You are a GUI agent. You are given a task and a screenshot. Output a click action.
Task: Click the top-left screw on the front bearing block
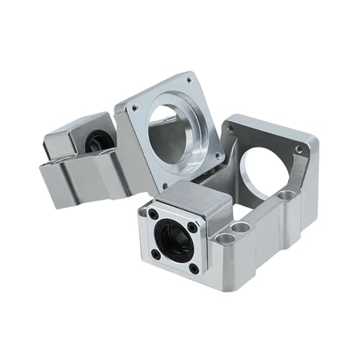[153, 213]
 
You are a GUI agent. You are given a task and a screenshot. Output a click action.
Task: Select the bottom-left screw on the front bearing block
[156, 253]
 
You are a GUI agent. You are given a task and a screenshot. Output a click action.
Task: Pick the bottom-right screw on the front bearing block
[194, 269]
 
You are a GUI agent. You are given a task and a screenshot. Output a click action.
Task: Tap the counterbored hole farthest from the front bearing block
[287, 194]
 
